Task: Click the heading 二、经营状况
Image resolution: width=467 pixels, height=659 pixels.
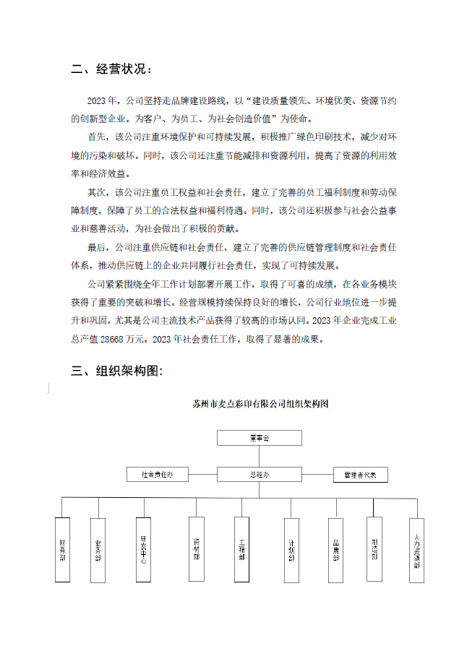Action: click(112, 70)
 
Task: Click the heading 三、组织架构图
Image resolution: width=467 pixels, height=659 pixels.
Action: click(117, 371)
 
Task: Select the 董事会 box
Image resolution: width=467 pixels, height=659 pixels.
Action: click(258, 438)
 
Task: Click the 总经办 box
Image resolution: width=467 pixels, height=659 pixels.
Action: click(258, 475)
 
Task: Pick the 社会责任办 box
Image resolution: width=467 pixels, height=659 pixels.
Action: click(157, 475)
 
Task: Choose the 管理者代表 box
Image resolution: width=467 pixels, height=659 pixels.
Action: click(361, 475)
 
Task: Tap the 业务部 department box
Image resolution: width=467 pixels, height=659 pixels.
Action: click(98, 550)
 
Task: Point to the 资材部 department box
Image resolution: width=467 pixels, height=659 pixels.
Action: click(197, 550)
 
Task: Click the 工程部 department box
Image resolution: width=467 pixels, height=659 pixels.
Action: click(243, 550)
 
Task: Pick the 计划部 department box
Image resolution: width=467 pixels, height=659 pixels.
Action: click(291, 550)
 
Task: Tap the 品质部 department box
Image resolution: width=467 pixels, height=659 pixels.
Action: click(335, 550)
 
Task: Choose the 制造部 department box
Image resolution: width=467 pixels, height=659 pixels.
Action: click(374, 550)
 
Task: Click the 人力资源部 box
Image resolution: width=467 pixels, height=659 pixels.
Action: click(416, 550)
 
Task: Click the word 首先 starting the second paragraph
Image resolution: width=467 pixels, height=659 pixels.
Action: click(96, 136)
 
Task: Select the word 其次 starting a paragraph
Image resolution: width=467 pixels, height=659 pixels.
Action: click(96, 193)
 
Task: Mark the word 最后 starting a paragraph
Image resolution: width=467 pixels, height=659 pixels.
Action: click(96, 248)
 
